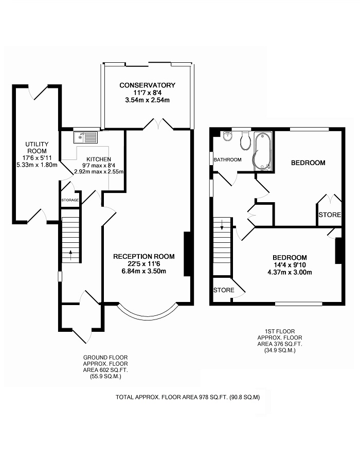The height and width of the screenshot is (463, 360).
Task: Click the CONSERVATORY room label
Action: coord(147,85)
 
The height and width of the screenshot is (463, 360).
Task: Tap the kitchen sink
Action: coord(86,137)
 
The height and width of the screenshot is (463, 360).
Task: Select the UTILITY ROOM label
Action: coord(37,147)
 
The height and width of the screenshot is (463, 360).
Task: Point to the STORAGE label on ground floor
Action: coord(70,200)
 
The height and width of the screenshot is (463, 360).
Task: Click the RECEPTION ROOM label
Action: coord(144,257)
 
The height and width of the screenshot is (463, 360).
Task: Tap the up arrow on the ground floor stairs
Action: coord(71,255)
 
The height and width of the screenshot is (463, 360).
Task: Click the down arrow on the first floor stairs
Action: coord(222,225)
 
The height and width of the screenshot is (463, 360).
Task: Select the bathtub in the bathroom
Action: coord(262,151)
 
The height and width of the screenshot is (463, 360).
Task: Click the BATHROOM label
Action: coord(227,160)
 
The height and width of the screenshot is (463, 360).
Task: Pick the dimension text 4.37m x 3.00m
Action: coord(290,272)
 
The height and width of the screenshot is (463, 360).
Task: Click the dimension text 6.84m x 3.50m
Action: coord(144,271)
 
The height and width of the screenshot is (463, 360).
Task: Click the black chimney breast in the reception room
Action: coord(187,254)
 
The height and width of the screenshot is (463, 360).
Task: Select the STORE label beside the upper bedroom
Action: coord(330,215)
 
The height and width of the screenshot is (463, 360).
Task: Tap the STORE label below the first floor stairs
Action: coord(224,290)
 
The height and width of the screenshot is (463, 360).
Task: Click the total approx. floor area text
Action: coord(188,397)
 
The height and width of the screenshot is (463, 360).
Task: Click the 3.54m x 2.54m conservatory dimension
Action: coord(147,100)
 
